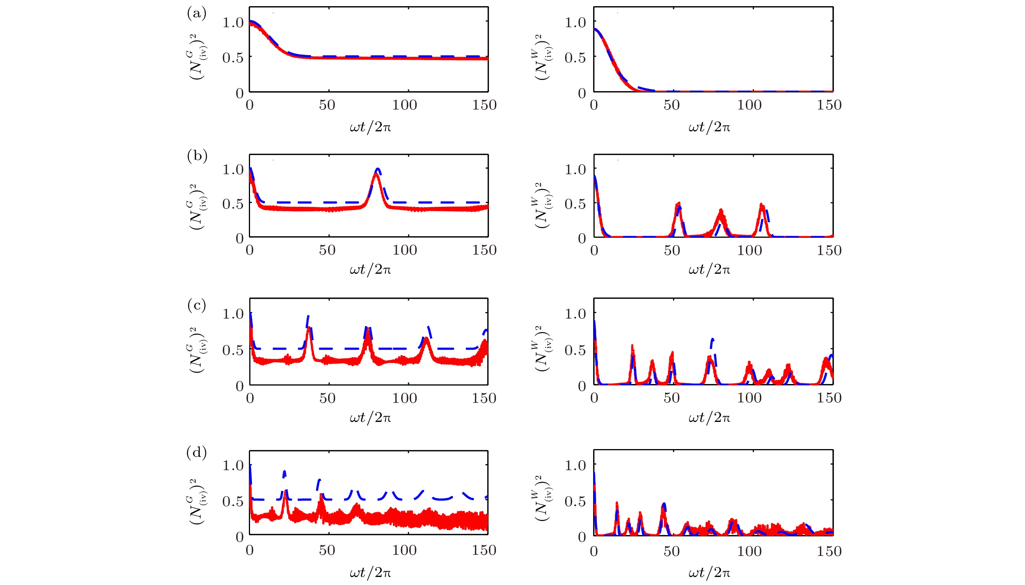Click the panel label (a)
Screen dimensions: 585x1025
pos(196,14)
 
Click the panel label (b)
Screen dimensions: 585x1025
pos(197,155)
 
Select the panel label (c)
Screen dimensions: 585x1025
pos(196,306)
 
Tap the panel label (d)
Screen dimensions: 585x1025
pos(196,453)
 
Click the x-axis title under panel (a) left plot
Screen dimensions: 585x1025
pos(370,127)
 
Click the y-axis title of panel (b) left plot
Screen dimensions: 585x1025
pos(197,206)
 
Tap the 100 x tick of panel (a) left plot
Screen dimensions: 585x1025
pos(404,105)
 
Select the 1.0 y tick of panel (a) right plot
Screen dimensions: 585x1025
pos(575,23)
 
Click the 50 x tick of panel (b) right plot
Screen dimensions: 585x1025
pos(672,251)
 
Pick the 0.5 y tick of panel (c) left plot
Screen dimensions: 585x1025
pos(233,350)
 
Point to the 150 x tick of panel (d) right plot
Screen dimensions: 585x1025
pos(829,551)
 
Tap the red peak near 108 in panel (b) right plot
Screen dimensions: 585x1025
pos(762,205)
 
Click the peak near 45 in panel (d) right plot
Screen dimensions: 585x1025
pos(664,505)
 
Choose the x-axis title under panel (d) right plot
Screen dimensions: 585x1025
pos(709,572)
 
